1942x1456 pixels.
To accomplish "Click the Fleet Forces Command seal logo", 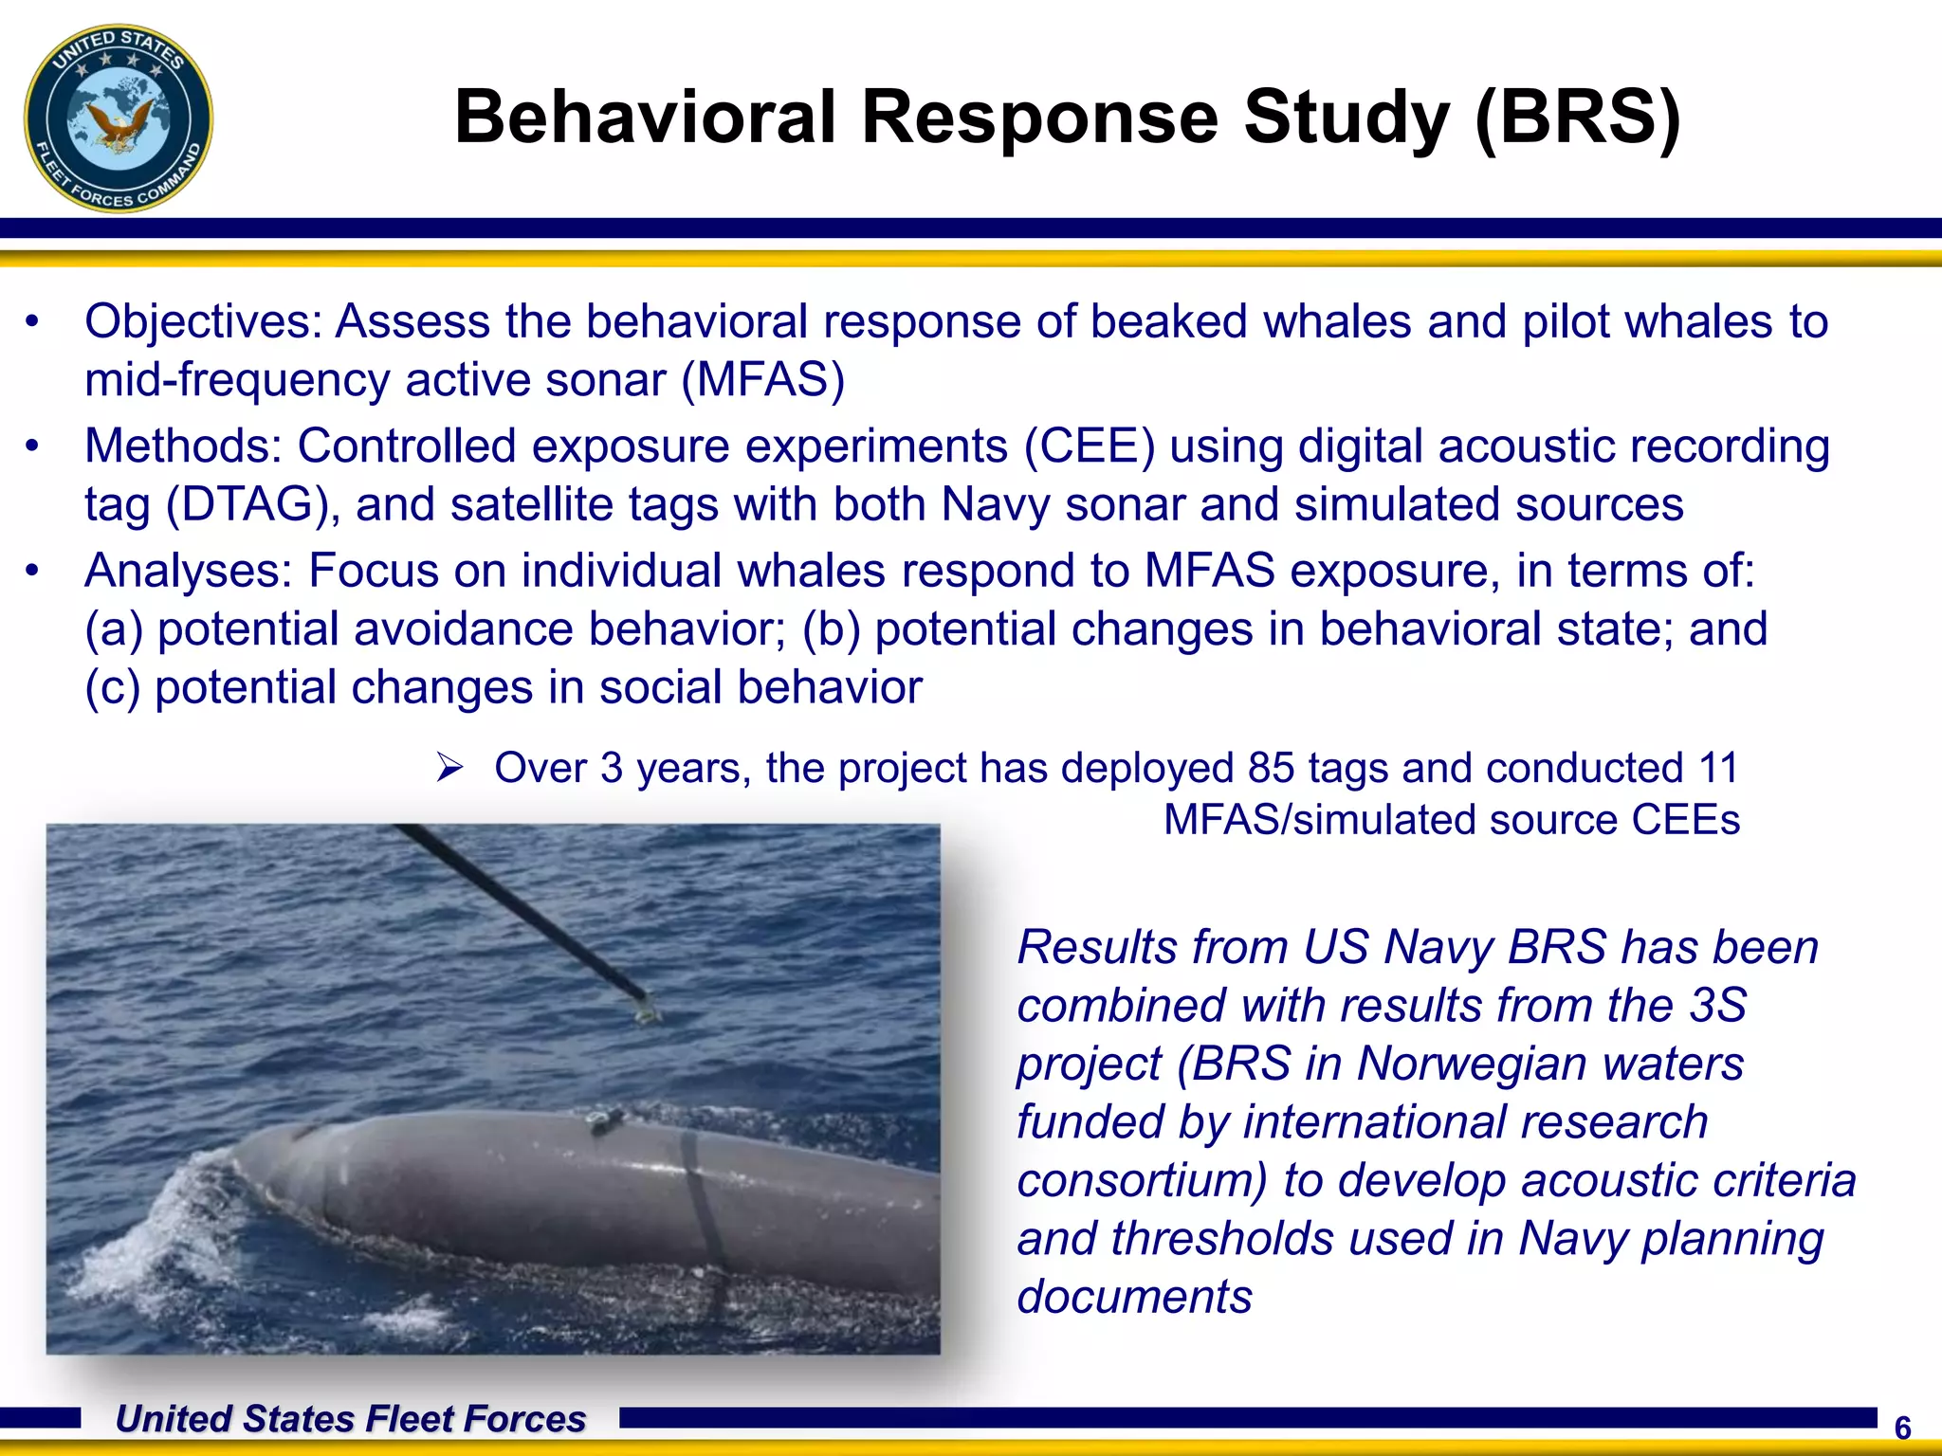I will pos(119,118).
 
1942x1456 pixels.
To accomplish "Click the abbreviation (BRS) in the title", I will pos(1577,118).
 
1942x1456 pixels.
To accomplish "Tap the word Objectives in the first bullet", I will pos(203,321).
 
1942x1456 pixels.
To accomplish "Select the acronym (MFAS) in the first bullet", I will pos(763,380).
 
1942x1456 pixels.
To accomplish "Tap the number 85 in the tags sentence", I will pos(1271,768).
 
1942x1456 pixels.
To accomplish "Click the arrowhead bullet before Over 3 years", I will pos(449,767).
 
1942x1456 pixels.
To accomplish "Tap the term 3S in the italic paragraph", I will pos(1717,1005).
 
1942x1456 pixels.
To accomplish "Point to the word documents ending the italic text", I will pos(1134,1297).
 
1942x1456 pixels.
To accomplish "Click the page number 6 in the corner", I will pos(1902,1428).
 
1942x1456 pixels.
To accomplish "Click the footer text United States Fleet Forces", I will pos(350,1419).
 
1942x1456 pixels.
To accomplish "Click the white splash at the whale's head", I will pos(152,1242).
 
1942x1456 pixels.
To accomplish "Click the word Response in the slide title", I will pos(1039,118).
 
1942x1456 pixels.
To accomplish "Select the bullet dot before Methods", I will pos(33,446).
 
